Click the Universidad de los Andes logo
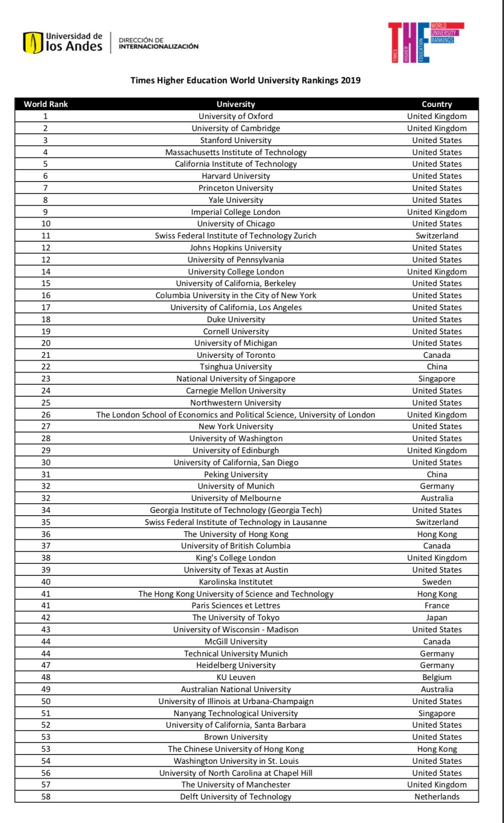click(63, 43)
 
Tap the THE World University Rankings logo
click(425, 43)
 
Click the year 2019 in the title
click(350, 81)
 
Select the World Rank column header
click(46, 104)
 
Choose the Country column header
click(436, 104)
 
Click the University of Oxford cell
click(236, 116)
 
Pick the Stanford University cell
click(236, 140)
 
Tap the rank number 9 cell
click(46, 212)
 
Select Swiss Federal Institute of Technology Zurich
click(236, 236)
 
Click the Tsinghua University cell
click(236, 367)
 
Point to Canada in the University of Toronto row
click(436, 355)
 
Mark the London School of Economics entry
click(236, 415)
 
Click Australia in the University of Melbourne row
click(436, 498)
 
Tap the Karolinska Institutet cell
click(236, 582)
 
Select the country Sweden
click(436, 582)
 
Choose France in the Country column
click(436, 605)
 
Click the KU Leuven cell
click(236, 677)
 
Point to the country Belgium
click(436, 677)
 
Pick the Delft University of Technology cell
click(236, 797)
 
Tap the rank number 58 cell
click(46, 797)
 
